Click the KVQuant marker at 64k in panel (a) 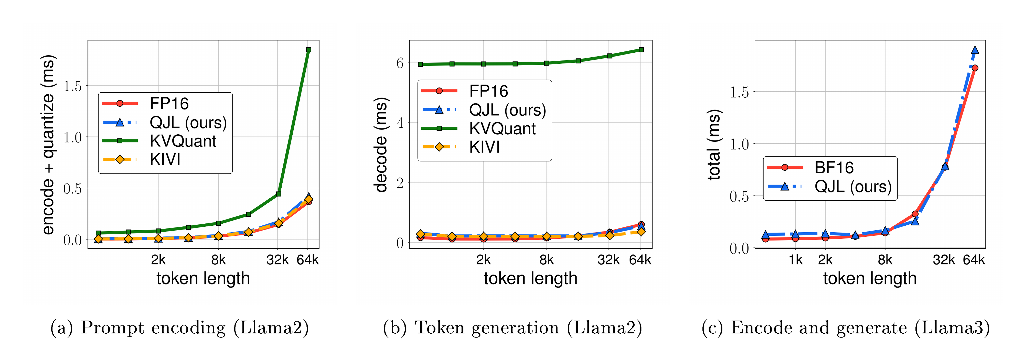click(308, 50)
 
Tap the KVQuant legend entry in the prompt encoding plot click(183, 141)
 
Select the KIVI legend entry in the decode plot click(484, 147)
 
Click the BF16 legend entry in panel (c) click(834, 168)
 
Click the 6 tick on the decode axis click(400, 63)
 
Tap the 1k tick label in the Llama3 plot click(795, 260)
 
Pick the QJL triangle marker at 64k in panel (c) click(975, 50)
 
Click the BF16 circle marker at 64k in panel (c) click(975, 68)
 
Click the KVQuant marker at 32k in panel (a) click(279, 194)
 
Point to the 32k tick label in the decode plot click(608, 260)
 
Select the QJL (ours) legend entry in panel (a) click(188, 122)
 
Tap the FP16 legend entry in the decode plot click(488, 91)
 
